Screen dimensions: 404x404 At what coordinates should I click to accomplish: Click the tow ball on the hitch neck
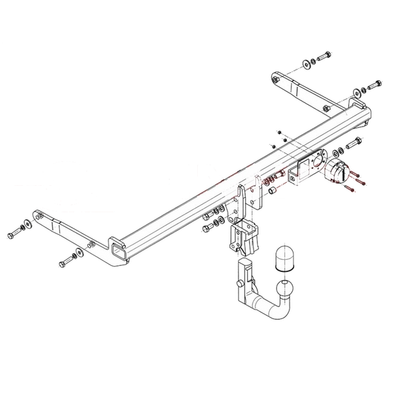point(284,290)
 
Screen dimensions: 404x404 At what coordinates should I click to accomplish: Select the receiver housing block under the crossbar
point(242,236)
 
